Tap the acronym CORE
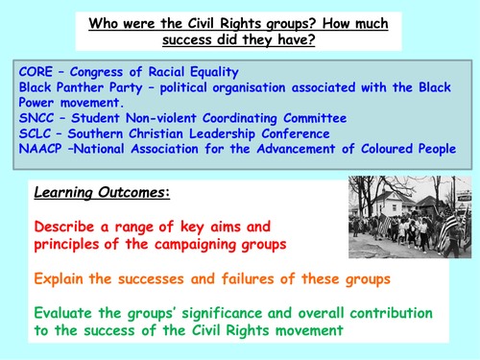pos(35,74)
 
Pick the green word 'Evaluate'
pos(70,314)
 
